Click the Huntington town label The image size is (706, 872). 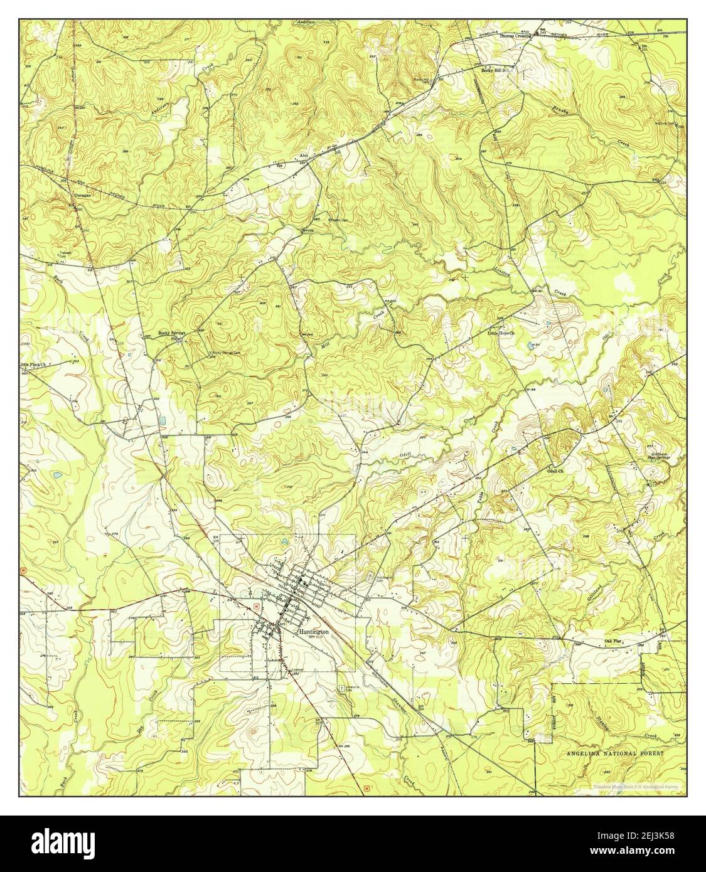[x=314, y=633]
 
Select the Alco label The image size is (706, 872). [x=305, y=155]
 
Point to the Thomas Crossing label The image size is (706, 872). [x=515, y=36]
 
